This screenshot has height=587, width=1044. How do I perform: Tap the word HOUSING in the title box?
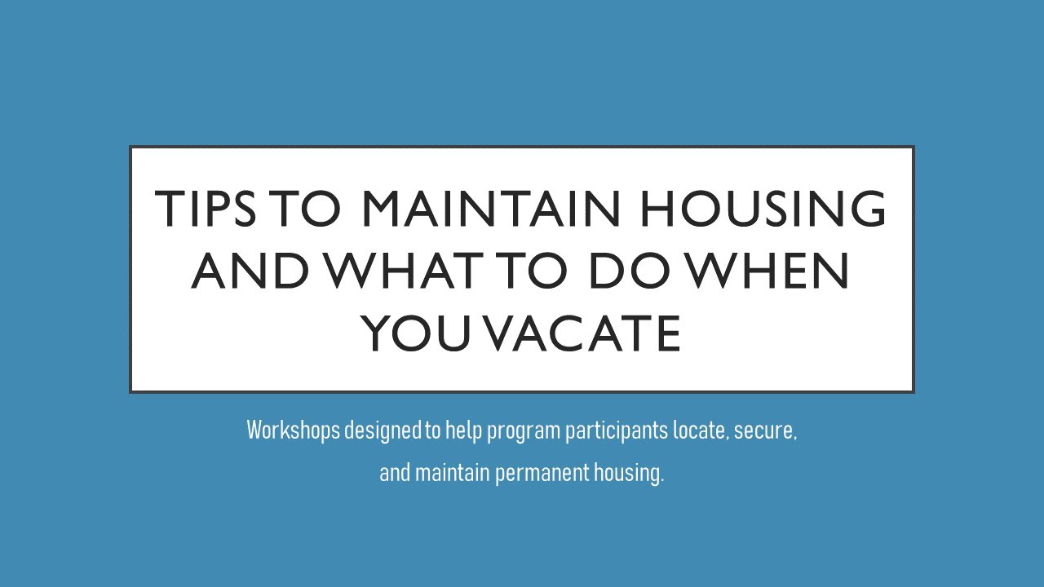[x=763, y=209]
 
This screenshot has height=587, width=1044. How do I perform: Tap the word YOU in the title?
[x=422, y=334]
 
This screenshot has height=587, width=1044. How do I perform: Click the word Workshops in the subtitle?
[x=293, y=430]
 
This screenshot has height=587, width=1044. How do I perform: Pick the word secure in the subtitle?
[x=764, y=431]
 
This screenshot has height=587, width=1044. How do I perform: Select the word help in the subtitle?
[x=462, y=431]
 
